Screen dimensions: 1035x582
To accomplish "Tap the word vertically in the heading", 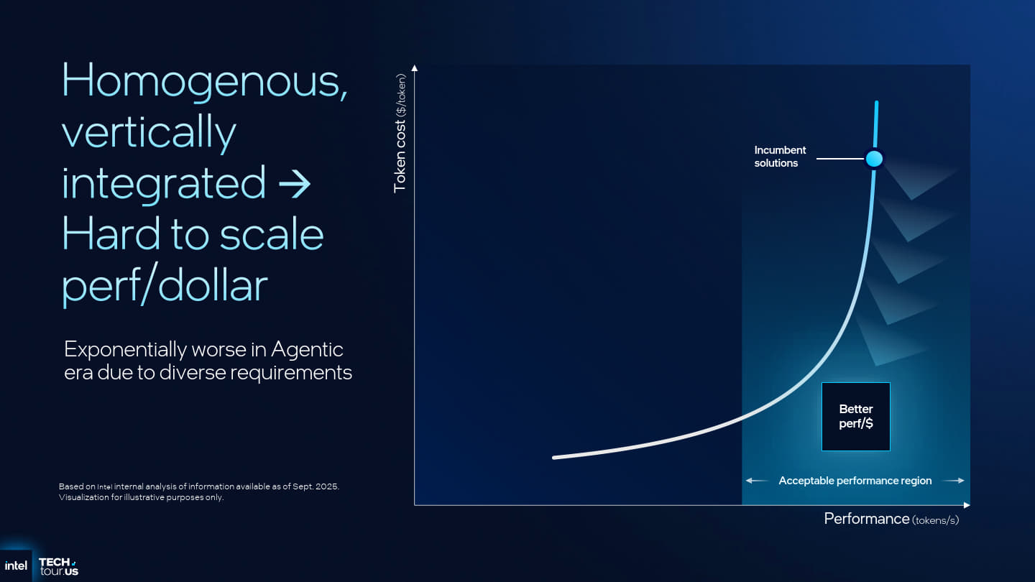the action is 149,133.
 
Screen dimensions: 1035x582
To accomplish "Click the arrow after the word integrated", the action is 295,184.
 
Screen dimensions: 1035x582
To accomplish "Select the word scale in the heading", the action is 271,234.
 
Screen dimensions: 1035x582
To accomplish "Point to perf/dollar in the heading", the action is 165,284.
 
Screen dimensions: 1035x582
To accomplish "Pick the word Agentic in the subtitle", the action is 307,350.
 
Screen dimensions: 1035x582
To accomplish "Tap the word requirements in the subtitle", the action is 291,372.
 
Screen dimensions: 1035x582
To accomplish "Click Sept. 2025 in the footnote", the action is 316,486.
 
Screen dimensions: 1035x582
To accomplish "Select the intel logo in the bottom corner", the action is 16,566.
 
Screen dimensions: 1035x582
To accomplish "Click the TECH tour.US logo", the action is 59,567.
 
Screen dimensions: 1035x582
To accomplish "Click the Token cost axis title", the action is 400,133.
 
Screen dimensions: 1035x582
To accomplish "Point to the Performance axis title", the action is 891,519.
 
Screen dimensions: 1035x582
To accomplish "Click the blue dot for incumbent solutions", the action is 874,159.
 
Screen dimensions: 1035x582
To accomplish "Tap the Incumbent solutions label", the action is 780,157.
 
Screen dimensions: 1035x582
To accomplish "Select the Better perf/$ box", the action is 856,417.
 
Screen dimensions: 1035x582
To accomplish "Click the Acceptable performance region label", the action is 855,481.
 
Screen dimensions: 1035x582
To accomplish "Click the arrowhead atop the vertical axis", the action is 415,68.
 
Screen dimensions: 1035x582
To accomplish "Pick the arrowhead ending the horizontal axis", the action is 967,505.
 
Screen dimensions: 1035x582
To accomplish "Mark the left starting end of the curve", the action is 554,458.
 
